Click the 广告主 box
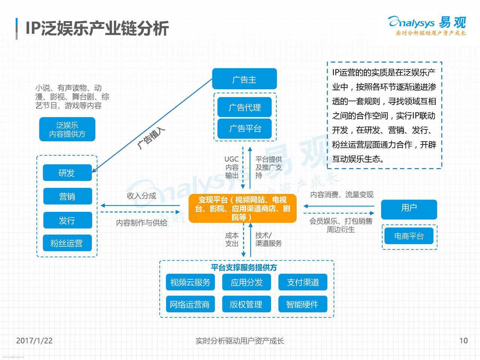(x=244, y=79)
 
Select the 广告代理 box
(x=244, y=107)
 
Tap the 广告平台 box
(x=244, y=129)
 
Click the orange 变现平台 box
(x=243, y=208)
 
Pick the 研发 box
(x=67, y=172)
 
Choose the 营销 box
(x=67, y=196)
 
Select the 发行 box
(x=67, y=220)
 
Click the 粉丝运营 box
(x=67, y=243)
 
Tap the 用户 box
(x=409, y=209)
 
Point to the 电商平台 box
(x=409, y=236)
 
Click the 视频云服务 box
(x=190, y=282)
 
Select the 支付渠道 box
(x=303, y=282)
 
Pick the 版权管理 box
(x=246, y=304)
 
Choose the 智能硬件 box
(x=303, y=304)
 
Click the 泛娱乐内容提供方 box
(x=67, y=129)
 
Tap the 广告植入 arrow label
(x=151, y=138)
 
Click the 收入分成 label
(x=141, y=196)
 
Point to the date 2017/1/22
(x=34, y=340)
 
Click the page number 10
(x=463, y=340)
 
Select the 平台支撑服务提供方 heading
(x=244, y=267)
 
